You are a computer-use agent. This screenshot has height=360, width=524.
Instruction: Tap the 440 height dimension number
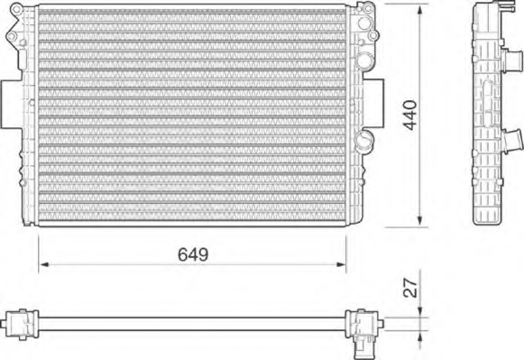[409, 115]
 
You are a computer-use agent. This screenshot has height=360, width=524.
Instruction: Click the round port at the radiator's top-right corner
[365, 14]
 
